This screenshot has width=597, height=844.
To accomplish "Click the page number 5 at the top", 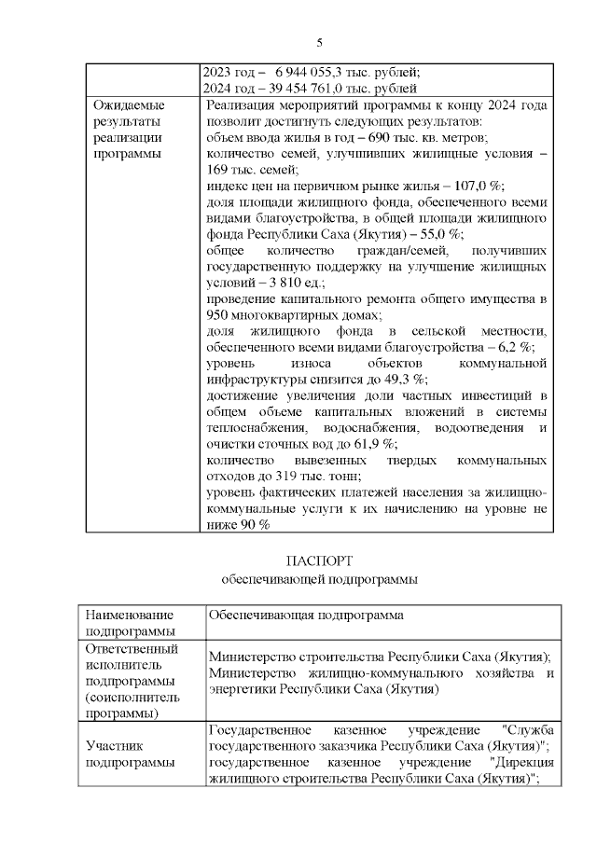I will coord(319,43).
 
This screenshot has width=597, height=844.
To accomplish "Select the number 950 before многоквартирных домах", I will coord(219,314).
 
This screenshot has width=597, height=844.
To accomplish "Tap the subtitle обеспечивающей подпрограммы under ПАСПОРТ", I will coord(319,578).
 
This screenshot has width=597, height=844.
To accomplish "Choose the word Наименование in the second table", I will coord(128,616).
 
